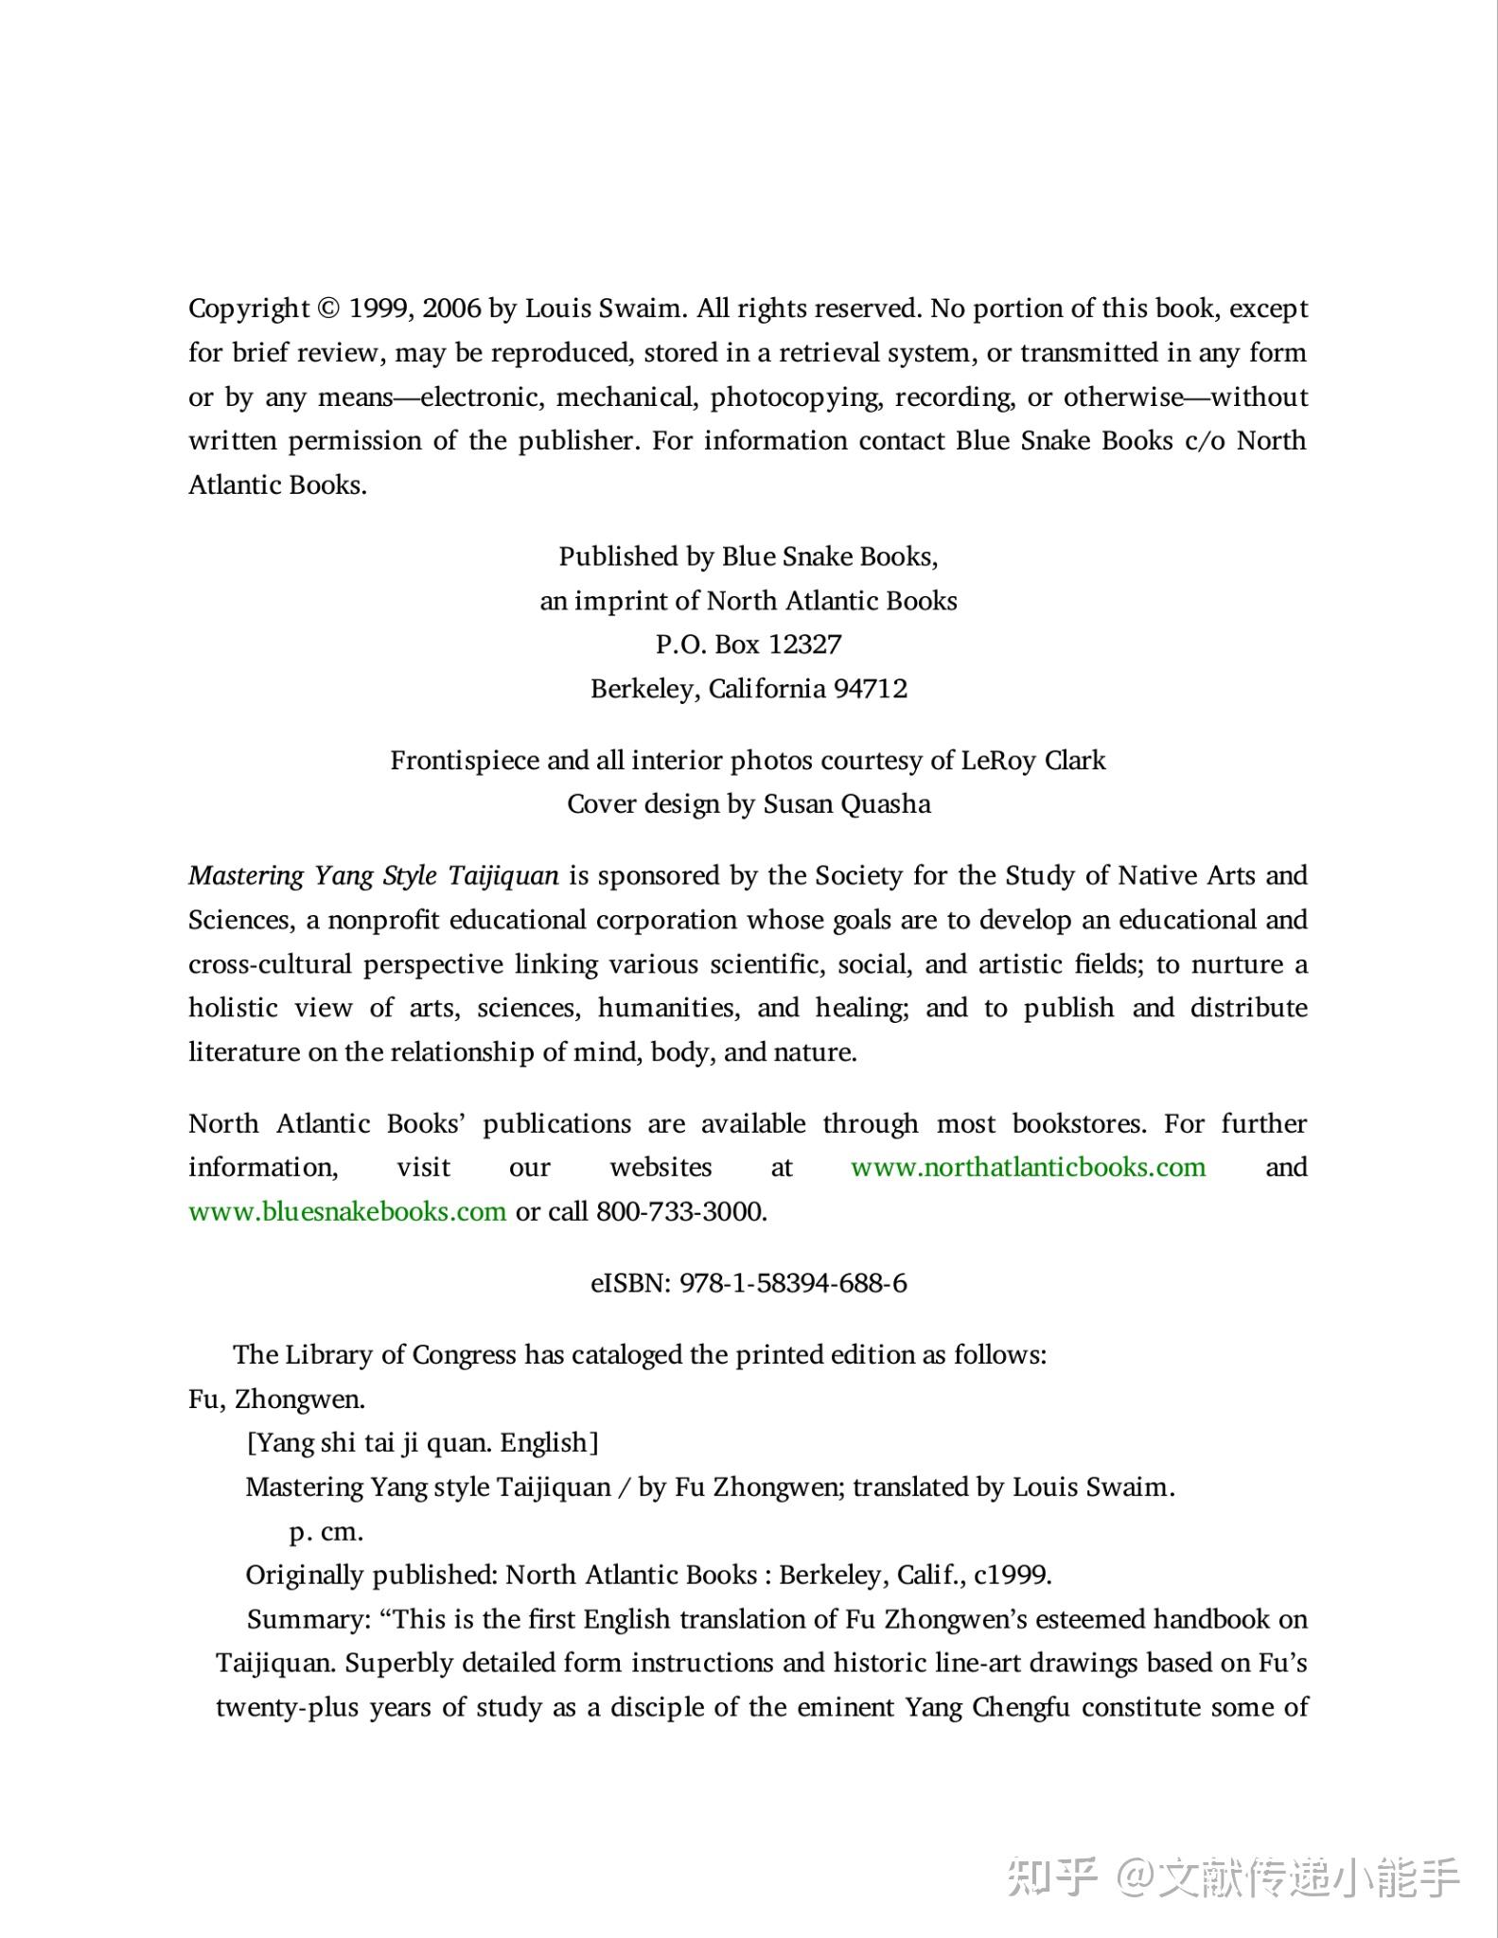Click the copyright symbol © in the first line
(x=327, y=308)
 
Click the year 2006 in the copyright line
(x=451, y=308)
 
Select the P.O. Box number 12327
(x=804, y=644)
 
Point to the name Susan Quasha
(x=847, y=804)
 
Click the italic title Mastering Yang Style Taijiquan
(x=374, y=875)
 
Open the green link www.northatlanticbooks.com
(x=1028, y=1168)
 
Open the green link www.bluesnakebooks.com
(x=347, y=1212)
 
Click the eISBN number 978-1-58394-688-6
(x=793, y=1283)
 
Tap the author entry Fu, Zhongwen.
(x=276, y=1400)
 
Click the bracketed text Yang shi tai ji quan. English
(x=422, y=1443)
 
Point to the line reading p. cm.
(x=326, y=1532)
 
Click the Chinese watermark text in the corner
(x=1233, y=1877)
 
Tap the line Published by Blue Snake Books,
(x=748, y=556)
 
